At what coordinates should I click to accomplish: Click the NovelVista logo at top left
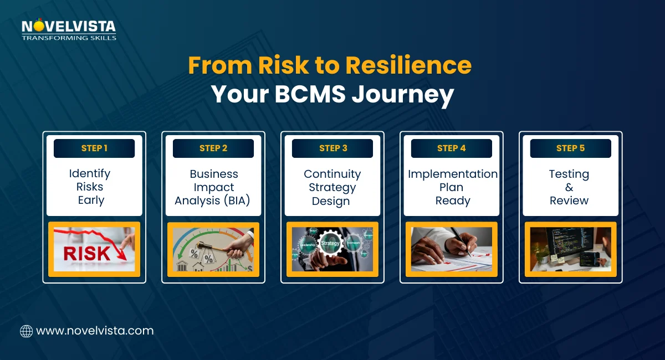[x=69, y=27]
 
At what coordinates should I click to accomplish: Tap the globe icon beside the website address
[x=26, y=331]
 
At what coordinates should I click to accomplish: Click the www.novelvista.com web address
[x=95, y=331]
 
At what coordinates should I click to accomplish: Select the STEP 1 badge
[x=94, y=148]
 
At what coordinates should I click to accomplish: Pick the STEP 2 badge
[x=213, y=148]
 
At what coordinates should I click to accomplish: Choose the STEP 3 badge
[x=332, y=148]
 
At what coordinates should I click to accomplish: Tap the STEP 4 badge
[x=452, y=148]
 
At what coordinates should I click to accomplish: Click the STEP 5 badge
[x=570, y=148]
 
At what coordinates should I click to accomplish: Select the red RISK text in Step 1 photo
[x=86, y=253]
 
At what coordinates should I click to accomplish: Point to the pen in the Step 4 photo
[x=459, y=241]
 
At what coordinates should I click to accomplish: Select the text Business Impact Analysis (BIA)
[x=213, y=187]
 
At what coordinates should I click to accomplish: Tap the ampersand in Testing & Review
[x=570, y=187]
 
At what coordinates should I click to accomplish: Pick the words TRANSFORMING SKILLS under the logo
[x=69, y=38]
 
